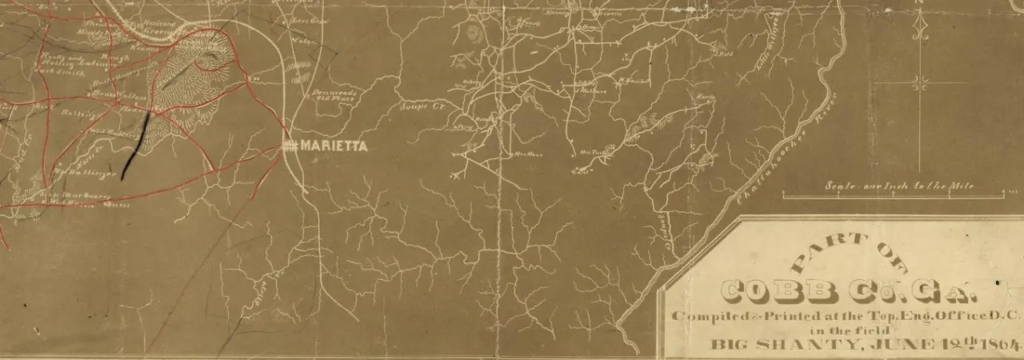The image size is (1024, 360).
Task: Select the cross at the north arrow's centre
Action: click(921, 80)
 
